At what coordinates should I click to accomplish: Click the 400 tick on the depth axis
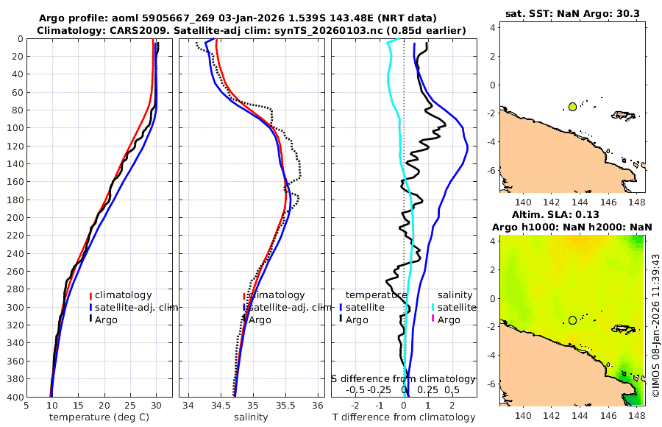tap(13, 396)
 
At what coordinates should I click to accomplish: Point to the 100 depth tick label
tap(13, 127)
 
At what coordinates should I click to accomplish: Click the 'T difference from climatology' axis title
tap(404, 417)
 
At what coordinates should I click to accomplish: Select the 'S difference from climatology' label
tap(404, 378)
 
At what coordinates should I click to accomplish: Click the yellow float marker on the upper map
tap(572, 107)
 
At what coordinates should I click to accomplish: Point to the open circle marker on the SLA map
tap(572, 320)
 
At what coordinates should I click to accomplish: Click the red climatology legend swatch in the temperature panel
tap(91, 295)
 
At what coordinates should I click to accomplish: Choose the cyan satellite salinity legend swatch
tap(433, 307)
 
